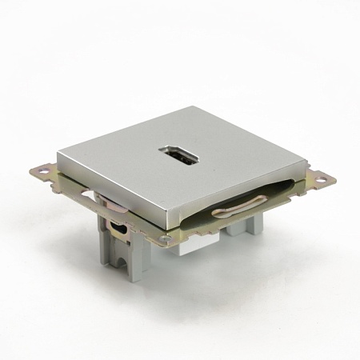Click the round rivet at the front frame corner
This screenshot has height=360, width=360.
click(166, 238)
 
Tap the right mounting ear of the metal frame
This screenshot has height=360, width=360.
click(320, 177)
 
